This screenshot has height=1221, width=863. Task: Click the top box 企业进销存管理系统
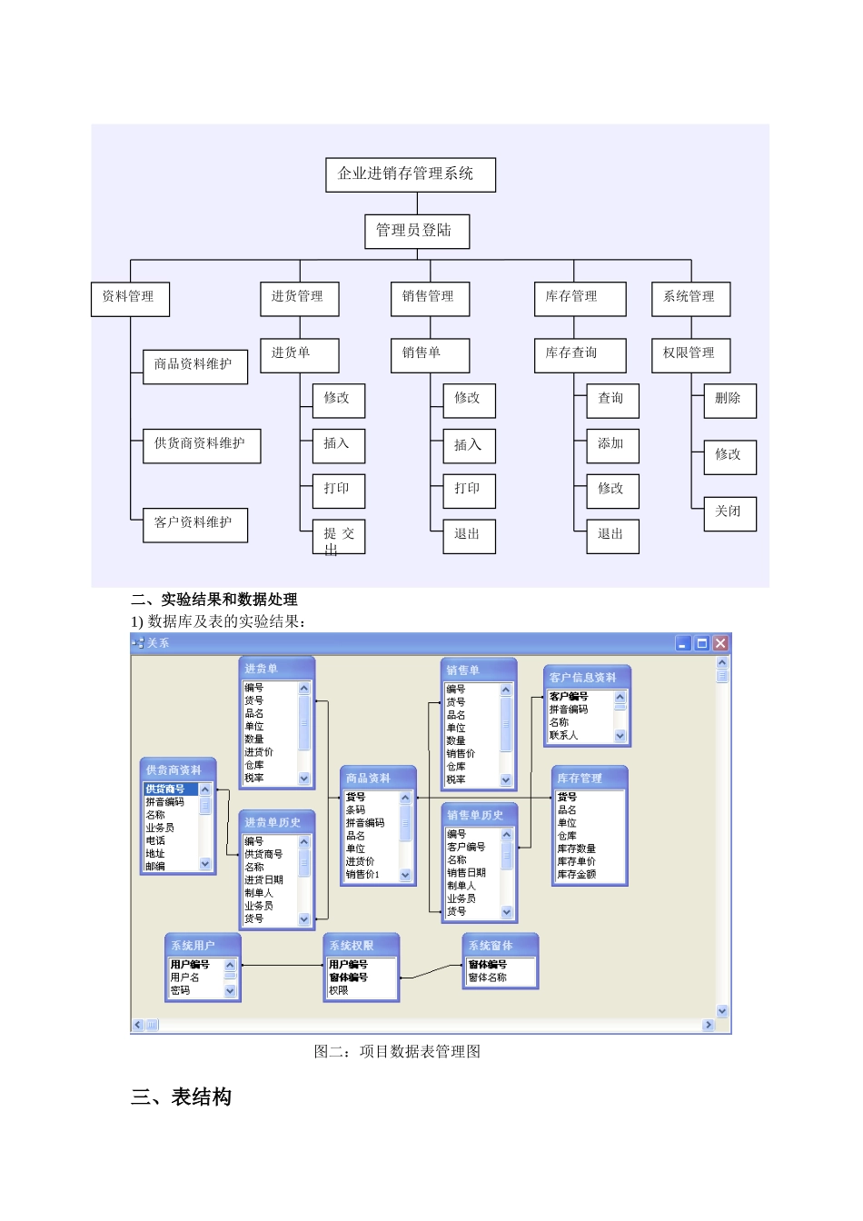click(x=410, y=174)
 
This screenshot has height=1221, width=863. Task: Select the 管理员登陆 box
click(x=416, y=231)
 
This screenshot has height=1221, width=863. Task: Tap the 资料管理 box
click(x=130, y=298)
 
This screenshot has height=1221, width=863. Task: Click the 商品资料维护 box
click(x=194, y=365)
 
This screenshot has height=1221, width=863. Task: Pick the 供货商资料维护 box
click(x=201, y=445)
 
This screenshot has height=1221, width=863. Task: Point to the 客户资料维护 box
click(x=194, y=524)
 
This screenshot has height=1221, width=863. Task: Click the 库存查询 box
click(x=580, y=354)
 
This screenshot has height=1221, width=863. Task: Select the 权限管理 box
click(x=690, y=354)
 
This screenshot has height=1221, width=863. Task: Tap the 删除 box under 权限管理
click(x=729, y=400)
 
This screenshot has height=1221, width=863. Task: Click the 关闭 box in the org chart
click(x=729, y=512)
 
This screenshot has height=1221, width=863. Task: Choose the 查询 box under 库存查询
click(x=611, y=400)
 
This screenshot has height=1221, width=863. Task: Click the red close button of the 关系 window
click(x=720, y=643)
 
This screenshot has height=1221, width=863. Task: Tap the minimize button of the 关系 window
click(x=684, y=643)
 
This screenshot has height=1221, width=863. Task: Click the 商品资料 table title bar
click(x=377, y=778)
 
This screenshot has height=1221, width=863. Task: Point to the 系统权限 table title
click(x=361, y=945)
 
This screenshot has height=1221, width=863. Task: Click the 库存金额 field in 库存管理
click(x=577, y=874)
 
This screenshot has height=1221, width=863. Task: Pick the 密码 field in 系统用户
click(x=181, y=990)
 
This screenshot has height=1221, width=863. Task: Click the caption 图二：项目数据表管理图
click(x=397, y=1051)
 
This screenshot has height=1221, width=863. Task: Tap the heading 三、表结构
click(x=182, y=1097)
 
